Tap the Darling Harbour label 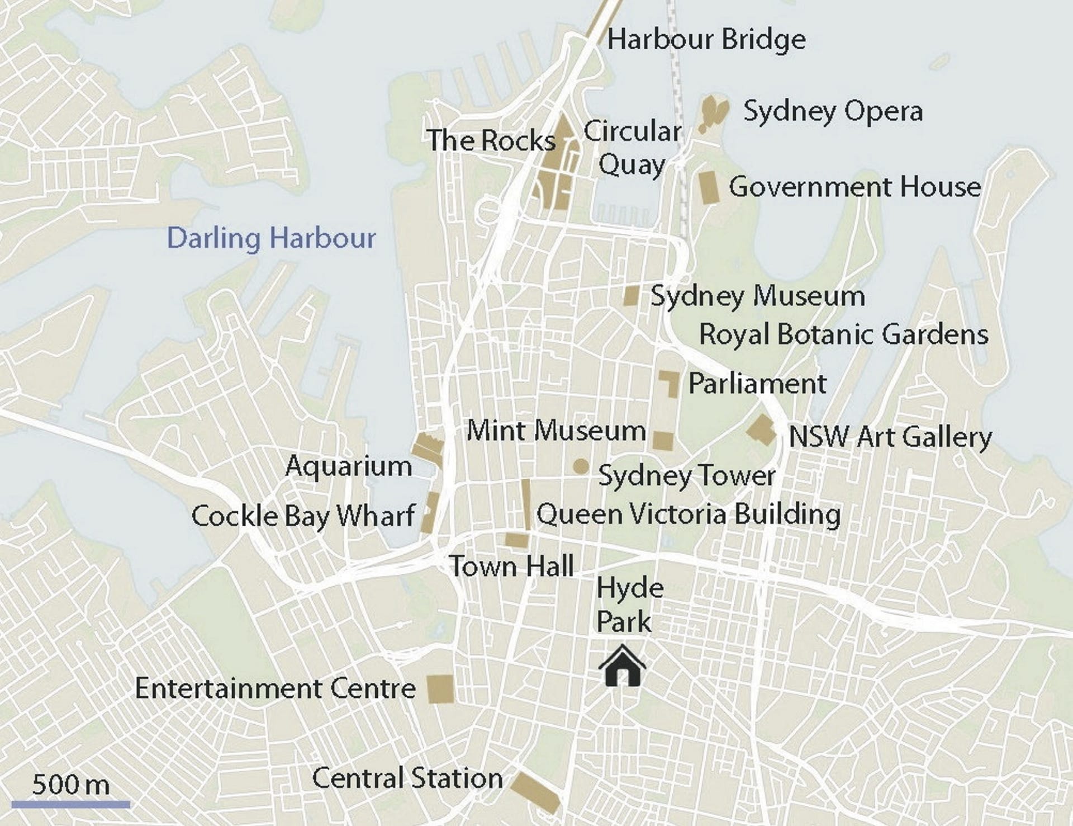click(x=271, y=238)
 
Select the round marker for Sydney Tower click(x=581, y=466)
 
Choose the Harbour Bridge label click(x=706, y=40)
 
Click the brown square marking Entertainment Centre click(x=440, y=688)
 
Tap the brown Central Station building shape click(x=535, y=791)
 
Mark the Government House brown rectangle click(x=709, y=187)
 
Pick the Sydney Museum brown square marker click(x=632, y=295)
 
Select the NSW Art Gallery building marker click(x=762, y=429)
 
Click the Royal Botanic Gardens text click(x=843, y=334)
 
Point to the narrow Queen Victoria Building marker click(x=526, y=504)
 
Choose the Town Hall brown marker click(x=516, y=540)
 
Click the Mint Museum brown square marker click(x=663, y=441)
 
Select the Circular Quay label click(x=632, y=148)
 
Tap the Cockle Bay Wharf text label click(x=303, y=516)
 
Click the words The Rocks click(x=491, y=140)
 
